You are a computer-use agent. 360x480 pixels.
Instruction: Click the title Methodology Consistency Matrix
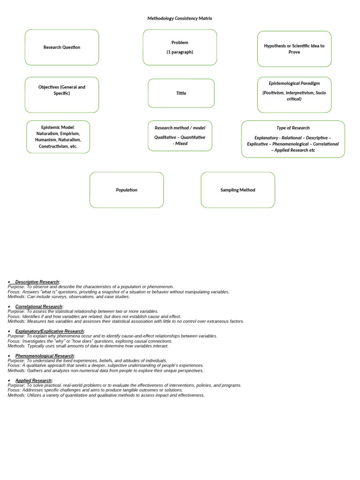[180, 18]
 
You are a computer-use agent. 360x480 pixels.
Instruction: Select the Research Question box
[62, 47]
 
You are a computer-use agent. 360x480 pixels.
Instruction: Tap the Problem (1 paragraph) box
[180, 47]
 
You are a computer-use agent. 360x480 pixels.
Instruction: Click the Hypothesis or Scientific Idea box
[294, 49]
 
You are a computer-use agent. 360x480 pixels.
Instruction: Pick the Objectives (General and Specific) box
[62, 95]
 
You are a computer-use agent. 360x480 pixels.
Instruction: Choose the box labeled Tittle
[181, 93]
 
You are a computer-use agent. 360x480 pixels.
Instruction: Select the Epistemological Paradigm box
[294, 95]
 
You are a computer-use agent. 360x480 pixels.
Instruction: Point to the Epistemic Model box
[58, 137]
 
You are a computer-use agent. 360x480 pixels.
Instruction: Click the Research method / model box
[180, 136]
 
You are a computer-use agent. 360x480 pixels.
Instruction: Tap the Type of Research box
[293, 139]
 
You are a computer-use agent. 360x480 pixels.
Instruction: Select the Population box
[127, 190]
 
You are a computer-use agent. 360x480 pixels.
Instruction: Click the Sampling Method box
[238, 190]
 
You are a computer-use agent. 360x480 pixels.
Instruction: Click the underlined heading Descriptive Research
[37, 282]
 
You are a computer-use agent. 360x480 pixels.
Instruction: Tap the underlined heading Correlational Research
[38, 307]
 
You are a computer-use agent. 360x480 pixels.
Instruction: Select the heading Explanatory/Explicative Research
[49, 331]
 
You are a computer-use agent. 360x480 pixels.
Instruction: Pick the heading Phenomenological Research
[45, 356]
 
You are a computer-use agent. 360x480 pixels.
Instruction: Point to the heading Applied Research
[33, 381]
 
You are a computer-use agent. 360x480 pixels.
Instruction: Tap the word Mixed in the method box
[181, 143]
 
